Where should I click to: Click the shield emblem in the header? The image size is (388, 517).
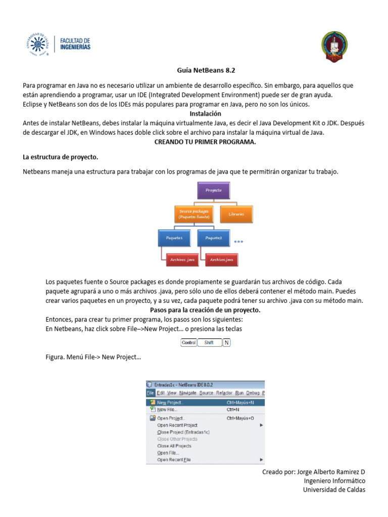[334, 47]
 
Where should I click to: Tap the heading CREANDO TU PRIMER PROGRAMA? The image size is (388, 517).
[205, 142]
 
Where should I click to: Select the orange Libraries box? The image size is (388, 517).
[236, 214]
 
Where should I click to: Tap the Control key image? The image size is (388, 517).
[188, 342]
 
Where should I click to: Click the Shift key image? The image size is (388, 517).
[209, 342]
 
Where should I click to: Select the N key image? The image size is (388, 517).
[227, 342]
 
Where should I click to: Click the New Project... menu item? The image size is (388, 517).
[170, 402]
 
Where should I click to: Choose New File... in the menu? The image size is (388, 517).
[167, 410]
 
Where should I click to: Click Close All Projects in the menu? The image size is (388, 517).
[174, 446]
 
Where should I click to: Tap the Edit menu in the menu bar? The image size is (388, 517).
[160, 393]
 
